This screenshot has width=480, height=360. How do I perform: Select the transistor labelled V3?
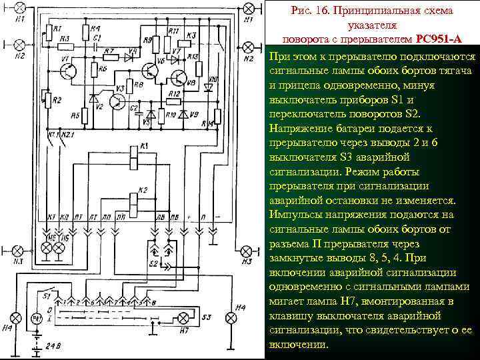tap(117, 101)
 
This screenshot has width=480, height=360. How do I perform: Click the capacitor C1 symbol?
tap(97, 45)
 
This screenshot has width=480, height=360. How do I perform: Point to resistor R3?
tap(65, 46)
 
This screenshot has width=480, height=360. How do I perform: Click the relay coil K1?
tap(137, 153)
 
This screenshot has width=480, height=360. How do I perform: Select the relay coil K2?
tap(137, 197)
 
